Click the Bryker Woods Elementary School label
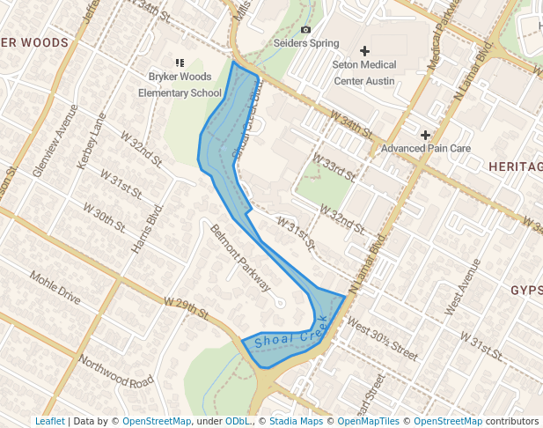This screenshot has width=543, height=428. tap(185, 85)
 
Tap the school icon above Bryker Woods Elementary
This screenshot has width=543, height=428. tap(180, 63)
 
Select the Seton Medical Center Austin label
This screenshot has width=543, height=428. tap(364, 73)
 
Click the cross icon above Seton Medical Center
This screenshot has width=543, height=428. tap(364, 52)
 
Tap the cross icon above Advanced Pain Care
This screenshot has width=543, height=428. tap(426, 135)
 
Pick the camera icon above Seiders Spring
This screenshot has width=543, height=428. tap(305, 29)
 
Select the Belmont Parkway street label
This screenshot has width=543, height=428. tap(240, 256)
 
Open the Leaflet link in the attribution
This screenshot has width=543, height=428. tap(49, 422)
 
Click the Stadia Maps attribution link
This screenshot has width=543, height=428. tap(296, 422)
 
